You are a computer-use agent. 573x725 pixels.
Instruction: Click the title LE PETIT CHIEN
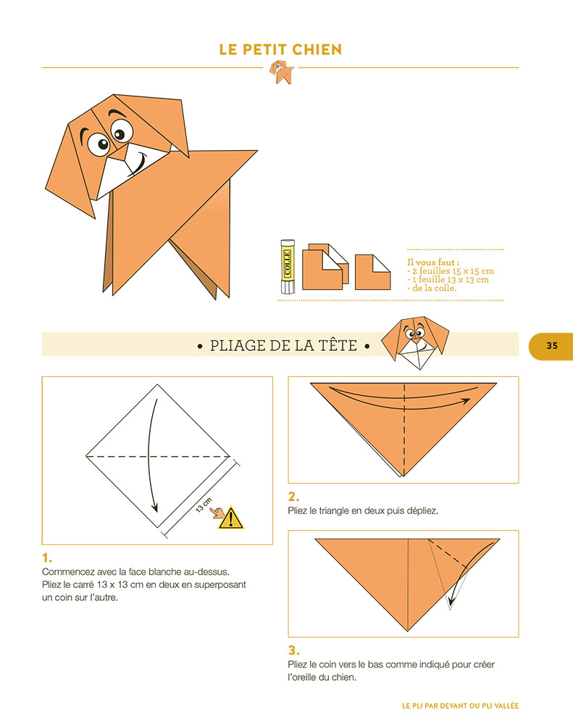(x=280, y=50)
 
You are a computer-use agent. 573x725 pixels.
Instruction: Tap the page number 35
(x=552, y=345)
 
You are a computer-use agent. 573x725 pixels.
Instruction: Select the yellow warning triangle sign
(x=231, y=518)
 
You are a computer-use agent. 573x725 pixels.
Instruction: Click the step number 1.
(x=47, y=558)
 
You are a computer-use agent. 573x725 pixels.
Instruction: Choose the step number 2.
(x=293, y=497)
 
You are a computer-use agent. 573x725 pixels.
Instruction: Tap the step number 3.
(x=293, y=650)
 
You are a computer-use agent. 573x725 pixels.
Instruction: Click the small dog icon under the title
(x=280, y=71)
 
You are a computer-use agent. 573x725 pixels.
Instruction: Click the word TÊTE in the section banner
(x=337, y=346)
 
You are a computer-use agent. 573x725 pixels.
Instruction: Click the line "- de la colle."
(x=432, y=288)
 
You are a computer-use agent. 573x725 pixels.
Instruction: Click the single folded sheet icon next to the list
(x=372, y=271)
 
